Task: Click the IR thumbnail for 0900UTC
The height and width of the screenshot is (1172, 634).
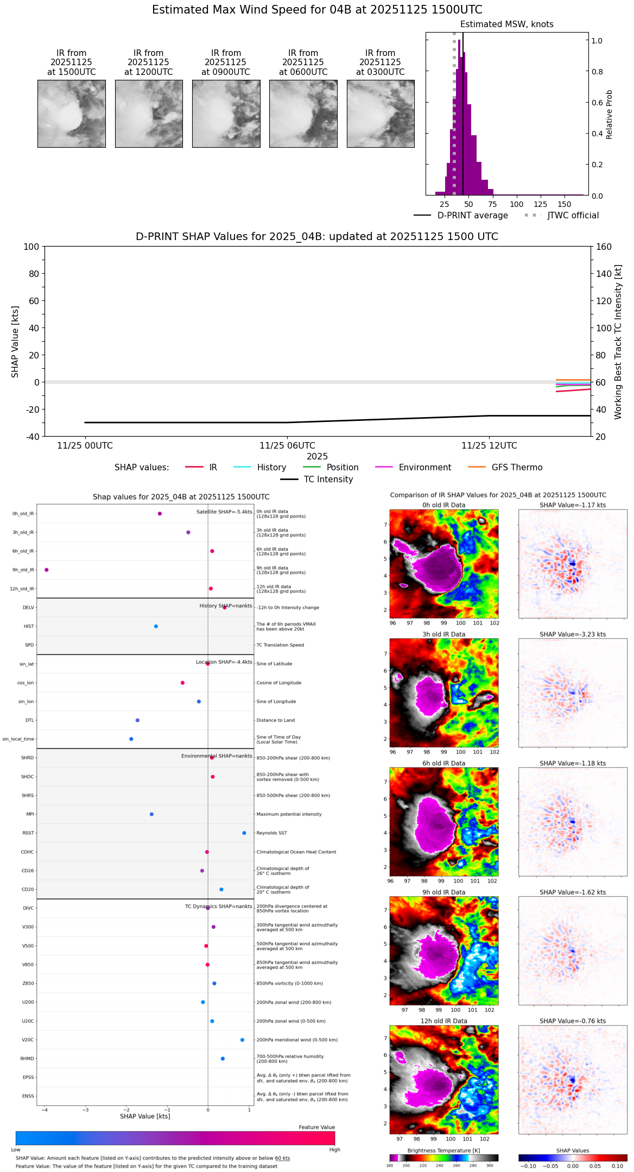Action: (226, 114)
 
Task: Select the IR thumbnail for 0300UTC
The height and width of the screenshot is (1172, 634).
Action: (381, 114)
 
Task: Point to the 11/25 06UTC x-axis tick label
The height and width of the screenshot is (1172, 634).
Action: (287, 446)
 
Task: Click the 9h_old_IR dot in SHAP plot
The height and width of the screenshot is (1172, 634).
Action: (47, 570)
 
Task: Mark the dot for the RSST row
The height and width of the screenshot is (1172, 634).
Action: (244, 833)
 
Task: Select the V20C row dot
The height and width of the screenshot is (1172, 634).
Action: (242, 1039)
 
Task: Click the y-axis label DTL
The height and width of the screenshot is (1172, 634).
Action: (29, 720)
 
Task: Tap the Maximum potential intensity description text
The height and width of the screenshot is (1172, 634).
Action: (289, 814)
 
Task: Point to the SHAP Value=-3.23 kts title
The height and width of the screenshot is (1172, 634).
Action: (573, 634)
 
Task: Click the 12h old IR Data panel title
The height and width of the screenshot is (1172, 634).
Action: (443, 1021)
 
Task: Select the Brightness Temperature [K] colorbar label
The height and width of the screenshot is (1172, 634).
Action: (443, 1150)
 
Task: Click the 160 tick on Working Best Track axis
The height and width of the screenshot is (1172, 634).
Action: (604, 247)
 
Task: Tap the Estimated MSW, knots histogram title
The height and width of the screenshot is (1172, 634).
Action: (506, 24)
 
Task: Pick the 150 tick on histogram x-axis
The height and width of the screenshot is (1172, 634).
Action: (565, 205)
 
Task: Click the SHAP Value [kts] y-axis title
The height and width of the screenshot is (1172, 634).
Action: (15, 342)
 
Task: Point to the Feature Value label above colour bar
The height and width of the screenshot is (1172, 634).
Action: (316, 1127)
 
